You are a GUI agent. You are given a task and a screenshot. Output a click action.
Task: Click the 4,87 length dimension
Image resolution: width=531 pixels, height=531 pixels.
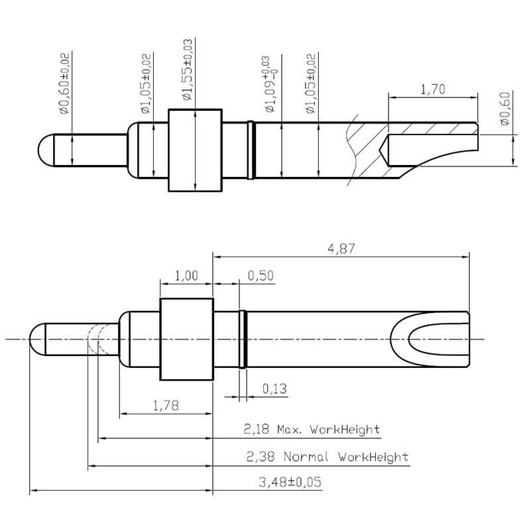coord(340,249)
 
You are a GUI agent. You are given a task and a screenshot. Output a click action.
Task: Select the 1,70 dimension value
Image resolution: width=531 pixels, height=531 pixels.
coord(433,89)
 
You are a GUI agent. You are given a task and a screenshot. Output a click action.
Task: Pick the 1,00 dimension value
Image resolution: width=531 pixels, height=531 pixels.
coord(186,276)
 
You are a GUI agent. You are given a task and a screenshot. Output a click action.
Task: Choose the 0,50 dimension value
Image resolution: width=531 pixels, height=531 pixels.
coord(261,276)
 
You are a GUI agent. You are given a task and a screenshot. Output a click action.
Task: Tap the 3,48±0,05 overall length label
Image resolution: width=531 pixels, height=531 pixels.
coord(290,482)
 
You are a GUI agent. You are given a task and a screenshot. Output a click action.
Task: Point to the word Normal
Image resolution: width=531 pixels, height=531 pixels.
coord(308,457)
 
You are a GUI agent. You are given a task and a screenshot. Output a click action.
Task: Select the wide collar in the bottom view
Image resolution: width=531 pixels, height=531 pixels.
coord(187,339)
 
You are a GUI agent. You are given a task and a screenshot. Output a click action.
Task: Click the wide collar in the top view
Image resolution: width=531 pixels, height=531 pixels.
coord(195,150)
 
